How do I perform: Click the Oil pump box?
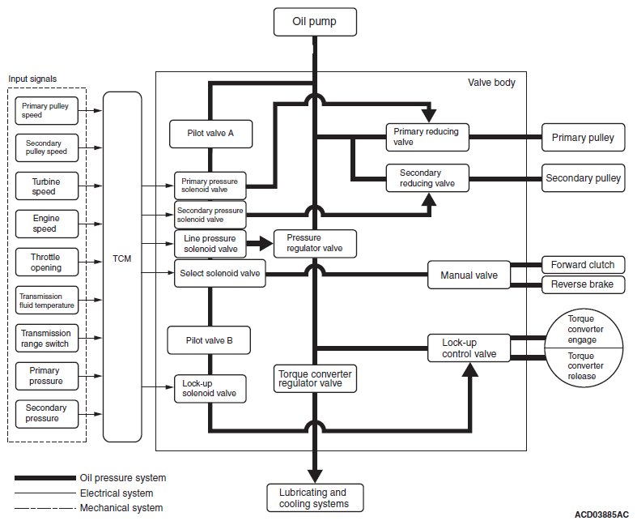[315, 22]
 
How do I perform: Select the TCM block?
[122, 267]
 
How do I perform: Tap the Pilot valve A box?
[210, 134]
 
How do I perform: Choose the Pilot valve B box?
[209, 340]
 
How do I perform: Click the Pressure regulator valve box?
[315, 244]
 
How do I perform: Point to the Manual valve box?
[469, 275]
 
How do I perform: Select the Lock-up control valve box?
[469, 348]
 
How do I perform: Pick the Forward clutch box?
[584, 265]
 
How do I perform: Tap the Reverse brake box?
[584, 284]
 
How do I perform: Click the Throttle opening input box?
[47, 262]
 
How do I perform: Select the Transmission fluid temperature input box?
[47, 301]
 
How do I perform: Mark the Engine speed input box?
[47, 224]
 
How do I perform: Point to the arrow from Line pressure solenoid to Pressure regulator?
[260, 244]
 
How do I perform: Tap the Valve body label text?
[491, 83]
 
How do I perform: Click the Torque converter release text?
[585, 366]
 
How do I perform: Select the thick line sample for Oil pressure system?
[45, 478]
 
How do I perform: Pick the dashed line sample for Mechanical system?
[45, 508]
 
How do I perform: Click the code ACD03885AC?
[601, 514]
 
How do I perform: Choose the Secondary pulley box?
[584, 178]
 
